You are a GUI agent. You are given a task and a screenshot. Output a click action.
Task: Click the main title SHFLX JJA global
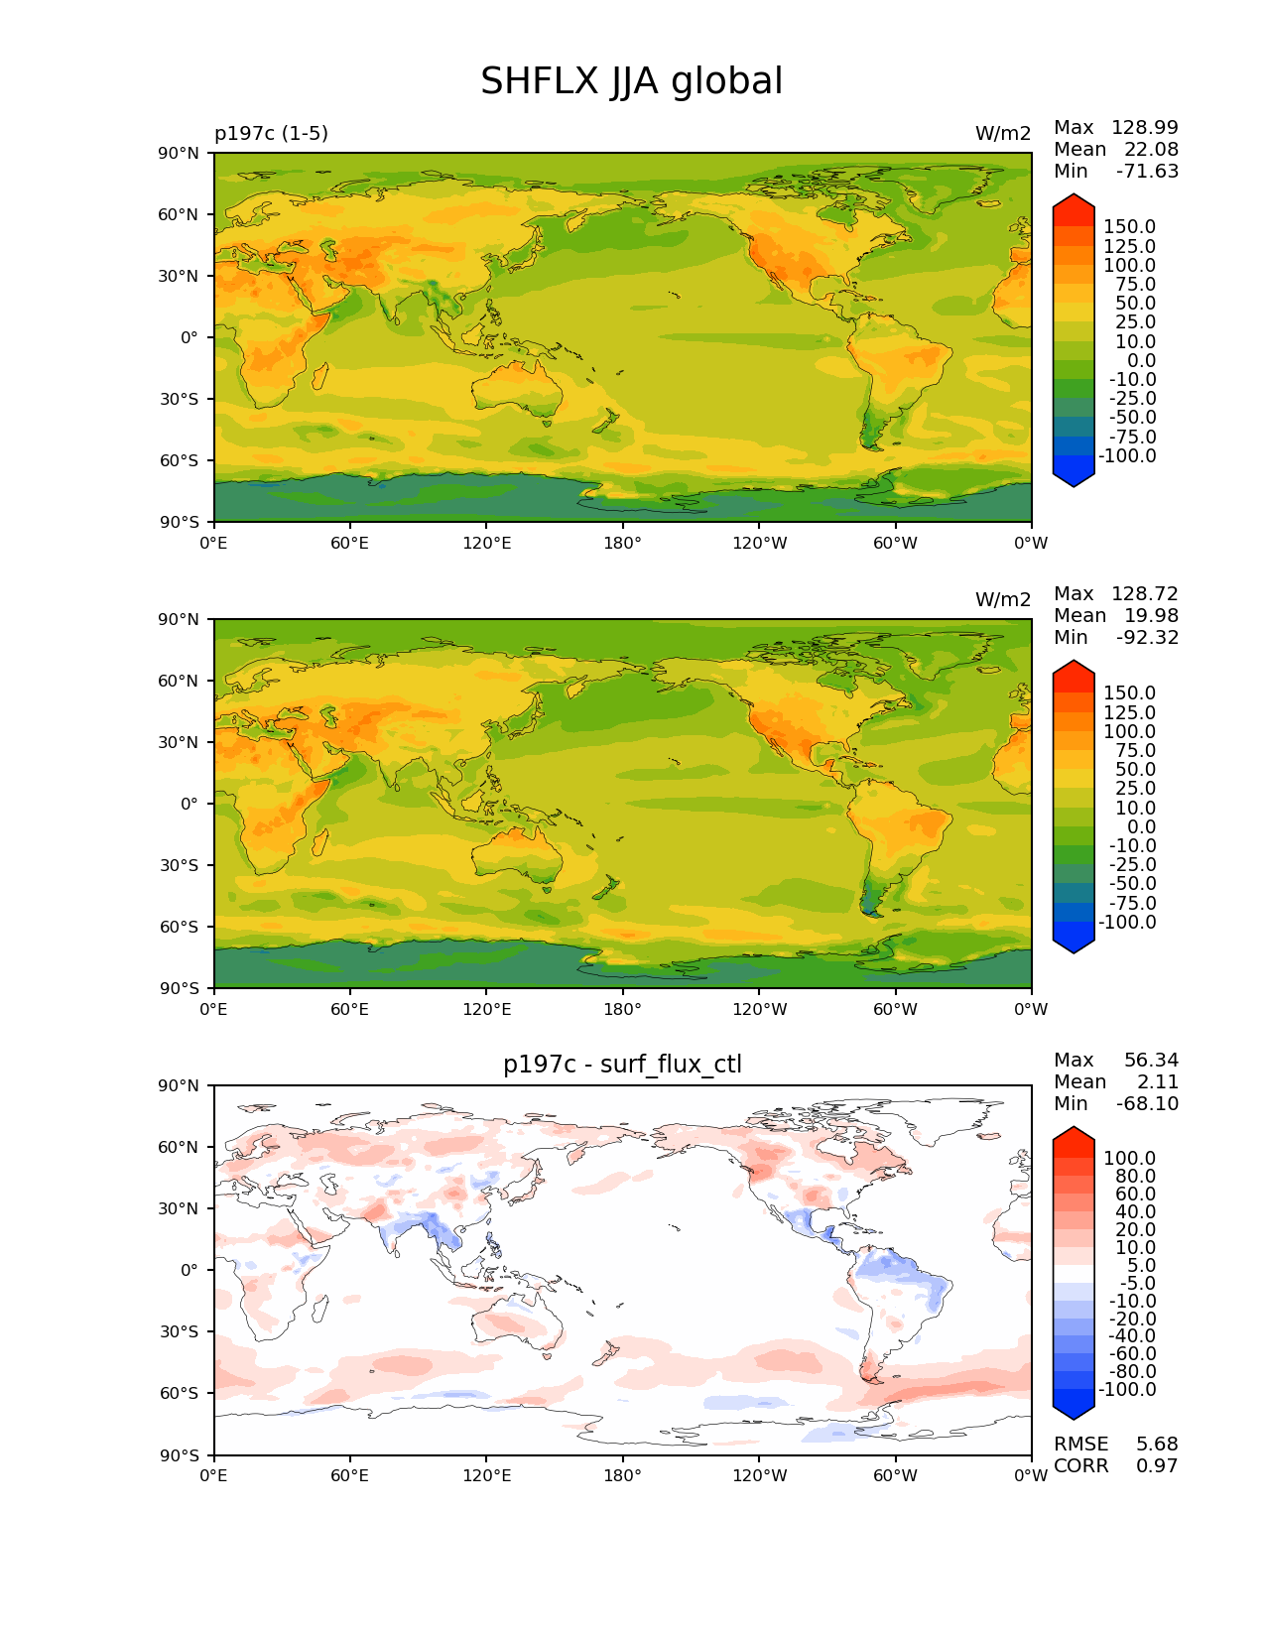[631, 81]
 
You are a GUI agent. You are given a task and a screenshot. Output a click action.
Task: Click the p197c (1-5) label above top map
[271, 133]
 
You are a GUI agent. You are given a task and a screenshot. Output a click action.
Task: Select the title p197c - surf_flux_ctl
[622, 1065]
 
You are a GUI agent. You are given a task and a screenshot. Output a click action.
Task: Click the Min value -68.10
[1147, 1103]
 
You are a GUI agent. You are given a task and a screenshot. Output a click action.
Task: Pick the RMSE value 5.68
[1157, 1444]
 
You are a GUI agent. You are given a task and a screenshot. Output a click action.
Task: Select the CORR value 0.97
[1157, 1465]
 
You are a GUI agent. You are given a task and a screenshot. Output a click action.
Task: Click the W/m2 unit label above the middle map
[1003, 599]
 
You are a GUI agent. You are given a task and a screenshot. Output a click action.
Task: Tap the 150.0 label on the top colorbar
[1129, 227]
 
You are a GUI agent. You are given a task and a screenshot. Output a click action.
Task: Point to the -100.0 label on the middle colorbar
[1127, 922]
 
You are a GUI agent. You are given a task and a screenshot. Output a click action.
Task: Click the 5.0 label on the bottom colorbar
[1141, 1265]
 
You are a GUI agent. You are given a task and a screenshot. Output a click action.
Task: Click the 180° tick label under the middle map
[622, 1009]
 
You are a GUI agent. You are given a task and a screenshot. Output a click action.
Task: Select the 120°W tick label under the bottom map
[760, 1475]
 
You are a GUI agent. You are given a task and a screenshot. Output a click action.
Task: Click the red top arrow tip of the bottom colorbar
[1074, 1133]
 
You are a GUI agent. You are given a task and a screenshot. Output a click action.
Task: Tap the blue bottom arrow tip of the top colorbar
[1074, 481]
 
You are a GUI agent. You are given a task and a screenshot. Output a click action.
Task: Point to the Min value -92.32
[1147, 637]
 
